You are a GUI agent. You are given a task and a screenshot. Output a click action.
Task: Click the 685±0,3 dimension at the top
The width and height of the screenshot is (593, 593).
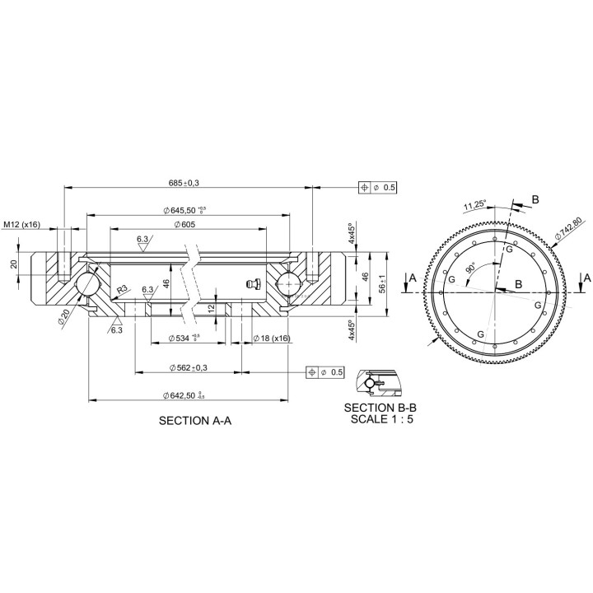click(184, 183)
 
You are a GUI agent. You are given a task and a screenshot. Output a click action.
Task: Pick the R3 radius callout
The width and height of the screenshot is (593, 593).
click(121, 290)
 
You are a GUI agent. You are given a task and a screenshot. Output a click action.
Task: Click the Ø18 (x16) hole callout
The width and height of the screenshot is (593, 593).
click(270, 338)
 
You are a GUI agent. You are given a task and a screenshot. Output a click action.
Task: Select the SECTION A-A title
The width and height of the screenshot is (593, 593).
click(194, 420)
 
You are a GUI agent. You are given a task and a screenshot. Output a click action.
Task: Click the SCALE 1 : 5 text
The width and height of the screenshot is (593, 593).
click(380, 418)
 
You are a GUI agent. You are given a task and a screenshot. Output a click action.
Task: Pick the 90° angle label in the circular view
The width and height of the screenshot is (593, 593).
click(471, 268)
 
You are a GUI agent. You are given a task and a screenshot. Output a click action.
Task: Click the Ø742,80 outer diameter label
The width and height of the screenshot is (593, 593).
click(569, 228)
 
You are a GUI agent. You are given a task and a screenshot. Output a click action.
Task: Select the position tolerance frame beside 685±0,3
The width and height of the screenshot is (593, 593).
click(378, 188)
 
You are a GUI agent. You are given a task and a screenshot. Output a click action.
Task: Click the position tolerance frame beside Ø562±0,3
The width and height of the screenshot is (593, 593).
click(325, 372)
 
